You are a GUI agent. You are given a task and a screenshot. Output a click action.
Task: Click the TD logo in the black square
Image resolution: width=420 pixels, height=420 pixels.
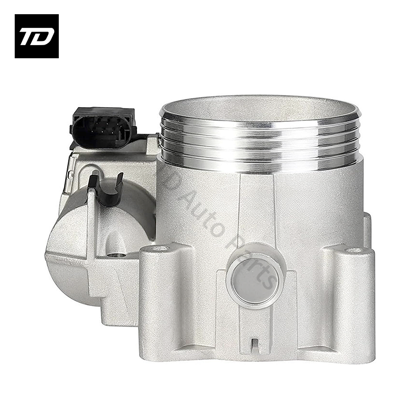pyautogui.click(x=36, y=36)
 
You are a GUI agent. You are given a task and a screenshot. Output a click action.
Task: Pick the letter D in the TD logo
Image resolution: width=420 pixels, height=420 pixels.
pyautogui.click(x=44, y=36)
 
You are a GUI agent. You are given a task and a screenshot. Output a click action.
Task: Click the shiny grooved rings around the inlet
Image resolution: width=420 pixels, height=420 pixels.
pyautogui.click(x=260, y=142)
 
